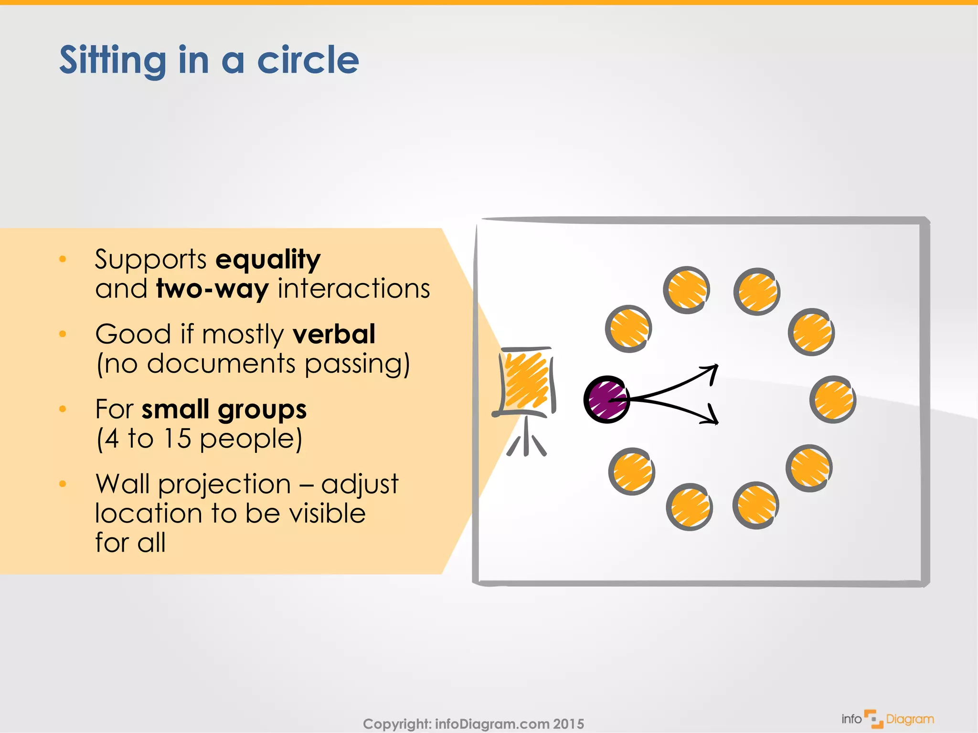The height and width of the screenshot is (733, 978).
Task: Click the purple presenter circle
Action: tap(606, 399)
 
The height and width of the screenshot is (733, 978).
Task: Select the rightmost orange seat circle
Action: tap(833, 400)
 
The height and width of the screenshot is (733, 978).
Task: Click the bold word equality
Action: tap(268, 260)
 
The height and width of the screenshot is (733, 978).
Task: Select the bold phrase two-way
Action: tap(213, 289)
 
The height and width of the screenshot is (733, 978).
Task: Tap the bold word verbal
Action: tap(334, 334)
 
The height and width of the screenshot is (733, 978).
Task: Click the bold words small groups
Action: tap(224, 409)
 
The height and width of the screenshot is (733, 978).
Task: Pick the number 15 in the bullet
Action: tap(177, 439)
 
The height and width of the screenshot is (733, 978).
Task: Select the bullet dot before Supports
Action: tap(63, 259)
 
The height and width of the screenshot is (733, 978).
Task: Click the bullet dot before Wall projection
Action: tap(63, 484)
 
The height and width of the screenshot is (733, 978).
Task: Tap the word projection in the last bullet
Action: tap(224, 485)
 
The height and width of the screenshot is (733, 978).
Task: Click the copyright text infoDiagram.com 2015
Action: tap(509, 724)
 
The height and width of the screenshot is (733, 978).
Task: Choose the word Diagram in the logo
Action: tap(910, 719)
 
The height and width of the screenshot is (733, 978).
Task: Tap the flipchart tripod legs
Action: tap(526, 439)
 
